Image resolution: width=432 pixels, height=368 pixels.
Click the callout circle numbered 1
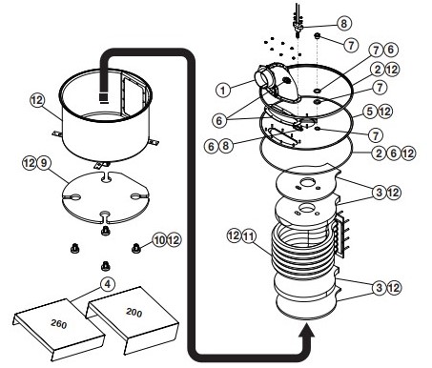pyautogui.click(x=223, y=90)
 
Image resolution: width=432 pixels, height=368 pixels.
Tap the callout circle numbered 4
pyautogui.click(x=108, y=284)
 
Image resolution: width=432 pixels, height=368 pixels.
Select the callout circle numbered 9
pyautogui.click(x=44, y=163)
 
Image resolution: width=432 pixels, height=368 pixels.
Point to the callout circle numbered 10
pyautogui.click(x=159, y=240)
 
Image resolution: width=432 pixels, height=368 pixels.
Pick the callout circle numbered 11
pyautogui.click(x=250, y=235)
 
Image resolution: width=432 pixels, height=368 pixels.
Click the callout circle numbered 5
pyautogui.click(x=370, y=112)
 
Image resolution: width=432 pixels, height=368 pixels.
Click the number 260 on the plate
pyautogui.click(x=59, y=324)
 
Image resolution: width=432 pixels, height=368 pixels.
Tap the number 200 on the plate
pyautogui.click(x=134, y=313)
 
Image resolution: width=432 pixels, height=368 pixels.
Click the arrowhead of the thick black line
pyautogui.click(x=306, y=330)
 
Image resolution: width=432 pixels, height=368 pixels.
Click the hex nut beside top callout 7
pyautogui.click(x=317, y=36)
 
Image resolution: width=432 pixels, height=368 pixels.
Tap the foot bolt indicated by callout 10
pyautogui.click(x=136, y=248)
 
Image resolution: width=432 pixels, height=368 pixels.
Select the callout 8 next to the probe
pyautogui.click(x=344, y=24)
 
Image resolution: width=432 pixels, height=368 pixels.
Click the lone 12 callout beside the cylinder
pyautogui.click(x=37, y=100)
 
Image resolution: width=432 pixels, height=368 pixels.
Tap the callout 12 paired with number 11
pyautogui.click(x=235, y=235)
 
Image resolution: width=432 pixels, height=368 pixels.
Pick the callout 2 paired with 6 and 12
pyautogui.click(x=379, y=153)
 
